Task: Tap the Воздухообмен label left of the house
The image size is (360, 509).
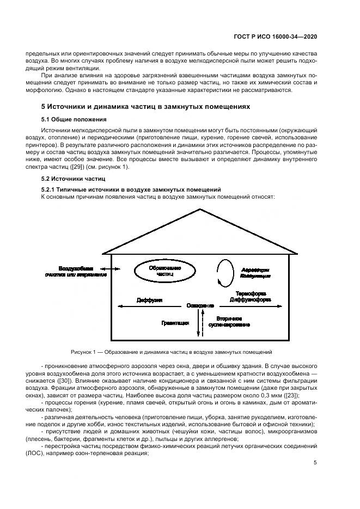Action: (76, 269)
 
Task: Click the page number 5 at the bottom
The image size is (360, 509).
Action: (315, 463)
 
